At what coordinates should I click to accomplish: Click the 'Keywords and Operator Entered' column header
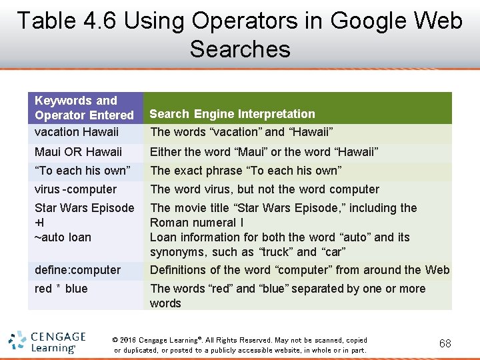[x=84, y=108]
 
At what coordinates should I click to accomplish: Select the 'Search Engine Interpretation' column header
[x=232, y=114]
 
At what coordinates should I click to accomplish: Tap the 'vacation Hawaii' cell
[x=76, y=132]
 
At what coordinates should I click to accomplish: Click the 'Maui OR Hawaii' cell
[x=78, y=152]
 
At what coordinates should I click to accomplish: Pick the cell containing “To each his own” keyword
[x=82, y=171]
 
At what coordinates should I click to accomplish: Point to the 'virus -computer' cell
[x=75, y=189]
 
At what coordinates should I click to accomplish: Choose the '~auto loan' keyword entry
[x=63, y=237]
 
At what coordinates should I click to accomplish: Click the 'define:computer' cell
[x=77, y=270]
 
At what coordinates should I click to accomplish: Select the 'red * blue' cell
[x=61, y=289]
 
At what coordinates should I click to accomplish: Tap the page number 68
[x=445, y=344]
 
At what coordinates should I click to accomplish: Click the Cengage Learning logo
[x=47, y=342]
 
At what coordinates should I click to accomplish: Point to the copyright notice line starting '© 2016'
[x=240, y=340]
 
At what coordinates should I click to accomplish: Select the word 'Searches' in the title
[x=240, y=49]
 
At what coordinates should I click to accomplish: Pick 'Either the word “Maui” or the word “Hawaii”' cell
[x=264, y=152]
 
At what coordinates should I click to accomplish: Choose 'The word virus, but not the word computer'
[x=264, y=189]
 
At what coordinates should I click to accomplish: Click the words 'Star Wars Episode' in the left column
[x=84, y=208]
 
